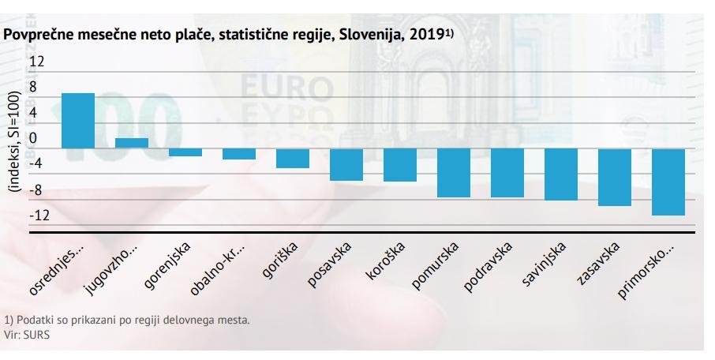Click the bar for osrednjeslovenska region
click(78, 121)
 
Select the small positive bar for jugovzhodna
click(132, 143)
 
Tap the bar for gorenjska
click(185, 152)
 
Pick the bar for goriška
click(292, 158)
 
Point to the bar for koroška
click(399, 165)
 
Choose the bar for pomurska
click(454, 173)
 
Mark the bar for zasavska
click(614, 177)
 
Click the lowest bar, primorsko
click(668, 182)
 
